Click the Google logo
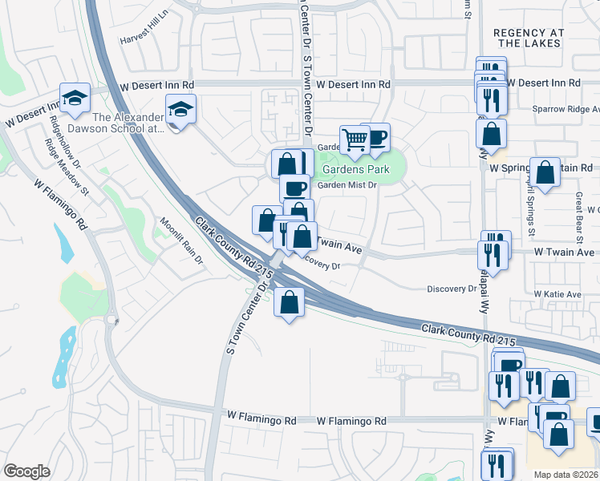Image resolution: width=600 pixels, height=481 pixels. (26, 471)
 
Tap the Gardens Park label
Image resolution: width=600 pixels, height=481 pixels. (355, 169)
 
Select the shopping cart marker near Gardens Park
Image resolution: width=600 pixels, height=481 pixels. (354, 140)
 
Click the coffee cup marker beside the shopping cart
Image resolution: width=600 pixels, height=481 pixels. (375, 136)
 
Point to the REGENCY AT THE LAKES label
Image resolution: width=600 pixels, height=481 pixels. (529, 38)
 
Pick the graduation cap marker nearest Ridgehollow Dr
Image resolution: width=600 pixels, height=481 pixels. (75, 98)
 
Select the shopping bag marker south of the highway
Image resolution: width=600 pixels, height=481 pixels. (289, 303)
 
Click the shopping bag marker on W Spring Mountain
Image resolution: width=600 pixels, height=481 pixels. (545, 172)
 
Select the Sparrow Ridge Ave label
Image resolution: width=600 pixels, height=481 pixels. (566, 109)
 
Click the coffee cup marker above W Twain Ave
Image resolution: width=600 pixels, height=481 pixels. (294, 188)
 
